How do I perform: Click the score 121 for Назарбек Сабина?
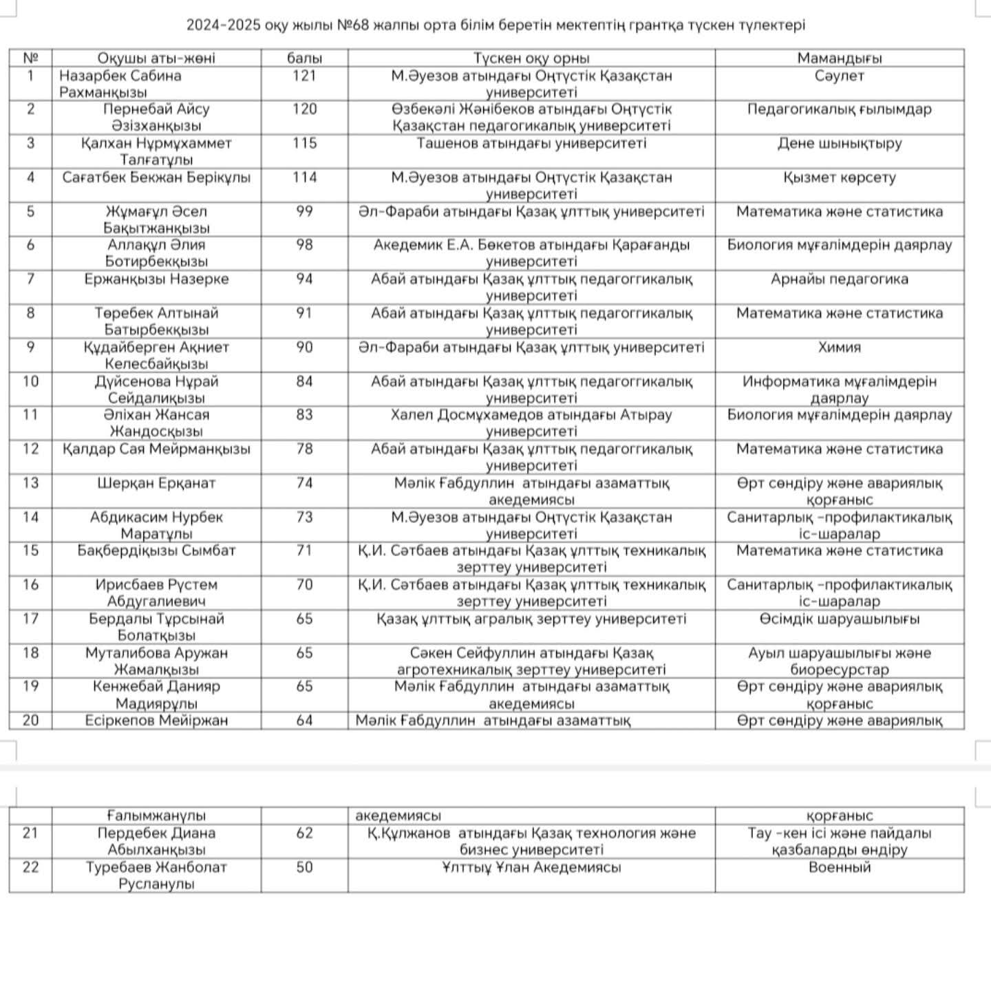pos(304,76)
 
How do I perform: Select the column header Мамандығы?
pos(839,58)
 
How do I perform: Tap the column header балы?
pos(304,58)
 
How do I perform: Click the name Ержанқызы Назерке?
pos(156,279)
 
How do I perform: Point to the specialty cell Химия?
pos(839,348)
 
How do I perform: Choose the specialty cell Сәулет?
pos(839,76)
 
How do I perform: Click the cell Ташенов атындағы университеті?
pos(531,144)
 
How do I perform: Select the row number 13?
pos(30,483)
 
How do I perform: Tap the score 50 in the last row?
pos(304,867)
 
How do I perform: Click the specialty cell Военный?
pos(839,867)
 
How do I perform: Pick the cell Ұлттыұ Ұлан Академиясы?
pos(531,867)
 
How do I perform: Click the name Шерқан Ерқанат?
pos(156,483)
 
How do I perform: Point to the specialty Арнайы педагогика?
pos(839,279)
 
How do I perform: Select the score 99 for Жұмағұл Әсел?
pos(304,211)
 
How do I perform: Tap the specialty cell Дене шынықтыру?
pos(839,144)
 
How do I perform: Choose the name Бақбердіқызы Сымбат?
pos(156,551)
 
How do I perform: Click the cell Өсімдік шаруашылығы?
pos(839,619)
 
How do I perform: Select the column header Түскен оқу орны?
pos(531,58)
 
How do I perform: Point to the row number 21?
pos(30,833)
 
